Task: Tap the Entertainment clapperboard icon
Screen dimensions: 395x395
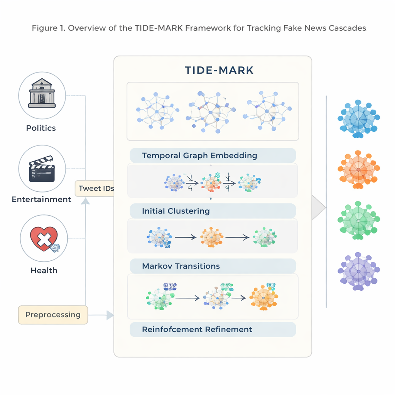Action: coord(42,169)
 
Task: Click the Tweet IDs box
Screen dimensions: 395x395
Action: coord(95,189)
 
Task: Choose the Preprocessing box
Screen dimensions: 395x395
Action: coord(53,314)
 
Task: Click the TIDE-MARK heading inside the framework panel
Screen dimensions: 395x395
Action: coord(219,70)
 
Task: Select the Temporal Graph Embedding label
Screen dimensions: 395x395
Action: coord(199,155)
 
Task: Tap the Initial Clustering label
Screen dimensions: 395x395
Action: coord(176,211)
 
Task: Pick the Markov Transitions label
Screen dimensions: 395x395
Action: coord(181,266)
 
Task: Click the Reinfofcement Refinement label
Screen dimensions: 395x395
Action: coord(197,329)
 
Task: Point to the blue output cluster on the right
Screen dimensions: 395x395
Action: coord(359,119)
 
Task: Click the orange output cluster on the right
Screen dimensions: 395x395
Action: coord(359,169)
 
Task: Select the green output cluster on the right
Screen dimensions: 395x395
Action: coord(359,221)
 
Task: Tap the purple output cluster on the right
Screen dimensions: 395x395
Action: coord(359,272)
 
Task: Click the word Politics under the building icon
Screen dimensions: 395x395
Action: coord(41,128)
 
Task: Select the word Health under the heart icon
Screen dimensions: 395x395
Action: coord(44,270)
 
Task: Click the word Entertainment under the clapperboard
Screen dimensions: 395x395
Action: coord(42,199)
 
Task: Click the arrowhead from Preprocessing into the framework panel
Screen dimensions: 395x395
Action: coord(110,315)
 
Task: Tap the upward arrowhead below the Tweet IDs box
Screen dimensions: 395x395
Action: coord(85,201)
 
